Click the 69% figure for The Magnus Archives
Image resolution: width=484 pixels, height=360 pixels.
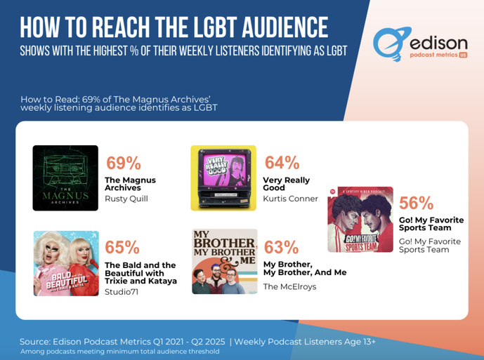[124, 163]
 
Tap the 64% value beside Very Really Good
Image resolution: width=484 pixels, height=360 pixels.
[282, 163]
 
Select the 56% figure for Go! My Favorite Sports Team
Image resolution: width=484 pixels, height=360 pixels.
[416, 204]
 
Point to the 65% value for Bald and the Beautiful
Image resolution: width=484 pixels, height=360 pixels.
[122, 248]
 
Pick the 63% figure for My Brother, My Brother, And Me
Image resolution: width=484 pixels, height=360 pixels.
[281, 248]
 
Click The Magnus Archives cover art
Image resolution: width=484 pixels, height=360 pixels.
[65, 178]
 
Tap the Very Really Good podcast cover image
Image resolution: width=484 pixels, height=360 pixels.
[223, 178]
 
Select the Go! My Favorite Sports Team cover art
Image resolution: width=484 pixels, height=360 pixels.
[360, 219]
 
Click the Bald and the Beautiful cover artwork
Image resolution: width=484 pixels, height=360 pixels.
[65, 263]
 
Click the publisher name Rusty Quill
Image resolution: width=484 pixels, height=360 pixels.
[126, 199]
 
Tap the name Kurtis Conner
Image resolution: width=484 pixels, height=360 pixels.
[290, 199]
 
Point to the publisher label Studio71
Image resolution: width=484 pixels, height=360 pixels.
[122, 292]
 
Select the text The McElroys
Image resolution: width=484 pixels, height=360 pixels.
[289, 286]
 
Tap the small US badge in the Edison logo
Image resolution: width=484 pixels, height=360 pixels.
[463, 54]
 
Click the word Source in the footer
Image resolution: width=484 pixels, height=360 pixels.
[35, 341]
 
